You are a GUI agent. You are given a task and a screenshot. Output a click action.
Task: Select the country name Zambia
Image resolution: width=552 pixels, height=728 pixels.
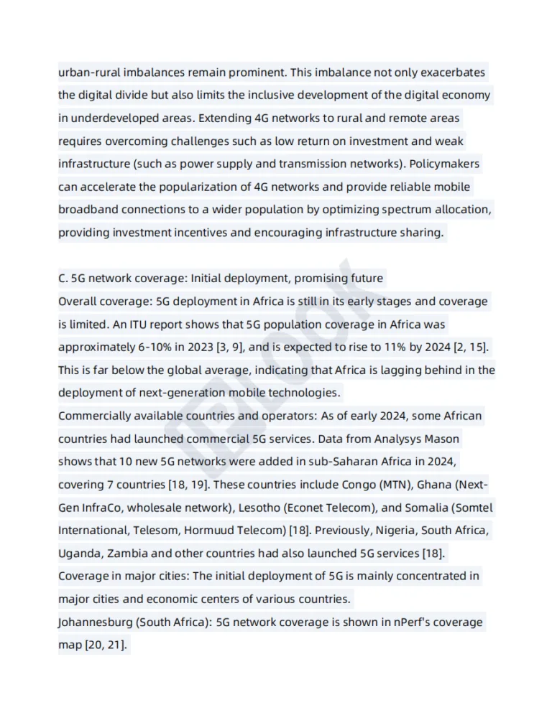pos(129,554)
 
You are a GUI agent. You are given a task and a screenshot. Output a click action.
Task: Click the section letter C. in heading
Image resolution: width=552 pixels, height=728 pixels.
pos(63,278)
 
